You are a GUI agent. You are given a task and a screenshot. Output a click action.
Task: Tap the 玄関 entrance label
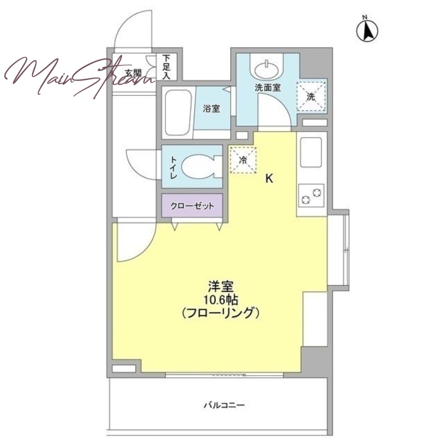coord(133,74)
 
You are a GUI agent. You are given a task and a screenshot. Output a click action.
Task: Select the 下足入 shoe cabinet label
coord(167,67)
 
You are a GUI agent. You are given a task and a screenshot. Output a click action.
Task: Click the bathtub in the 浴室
coord(178,113)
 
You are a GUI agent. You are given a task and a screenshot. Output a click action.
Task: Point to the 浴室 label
coord(211,108)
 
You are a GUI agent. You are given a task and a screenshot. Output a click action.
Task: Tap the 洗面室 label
coord(268,88)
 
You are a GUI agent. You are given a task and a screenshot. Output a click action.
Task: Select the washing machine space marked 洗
coord(311,97)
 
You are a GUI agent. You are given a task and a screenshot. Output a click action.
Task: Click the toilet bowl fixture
coord(200,167)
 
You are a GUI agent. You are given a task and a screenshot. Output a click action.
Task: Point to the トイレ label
coord(173,168)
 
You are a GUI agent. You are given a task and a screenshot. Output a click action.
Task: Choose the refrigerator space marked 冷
coord(243,160)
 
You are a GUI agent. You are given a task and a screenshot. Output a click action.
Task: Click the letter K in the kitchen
coord(269,178)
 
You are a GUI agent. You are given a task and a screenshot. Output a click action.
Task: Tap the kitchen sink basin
coord(311,152)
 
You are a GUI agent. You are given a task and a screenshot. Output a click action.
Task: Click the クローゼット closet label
coord(192,206)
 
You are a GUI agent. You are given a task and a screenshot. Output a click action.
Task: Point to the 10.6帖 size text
coord(220,300)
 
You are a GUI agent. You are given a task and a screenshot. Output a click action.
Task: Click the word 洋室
coord(220,286)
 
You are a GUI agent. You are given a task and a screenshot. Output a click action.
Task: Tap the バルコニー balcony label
coord(224,405)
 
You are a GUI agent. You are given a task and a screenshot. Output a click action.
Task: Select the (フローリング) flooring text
coord(220,313)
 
